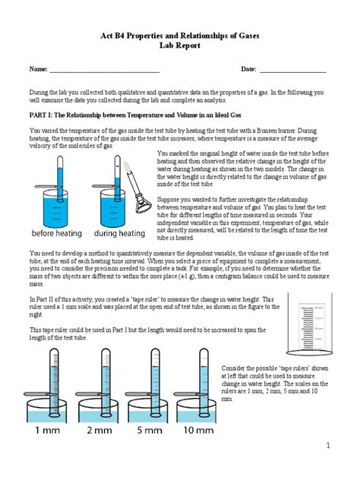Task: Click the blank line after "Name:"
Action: click(104, 70)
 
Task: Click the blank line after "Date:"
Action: click(292, 70)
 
